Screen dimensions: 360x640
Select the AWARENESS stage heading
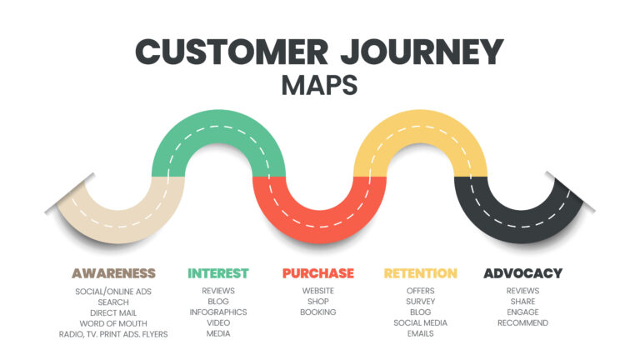(113, 273)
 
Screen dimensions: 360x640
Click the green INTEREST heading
(218, 273)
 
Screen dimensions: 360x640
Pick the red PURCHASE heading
(318, 273)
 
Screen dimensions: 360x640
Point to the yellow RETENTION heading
(420, 273)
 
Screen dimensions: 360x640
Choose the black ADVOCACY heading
(522, 273)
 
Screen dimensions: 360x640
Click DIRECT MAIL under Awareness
(113, 312)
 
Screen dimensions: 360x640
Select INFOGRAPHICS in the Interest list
(218, 312)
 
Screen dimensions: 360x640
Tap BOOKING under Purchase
(318, 312)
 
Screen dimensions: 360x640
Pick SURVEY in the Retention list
(420, 302)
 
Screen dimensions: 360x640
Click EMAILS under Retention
(420, 334)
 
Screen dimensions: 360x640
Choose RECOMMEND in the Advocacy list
(522, 323)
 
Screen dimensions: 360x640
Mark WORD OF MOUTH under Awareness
(113, 323)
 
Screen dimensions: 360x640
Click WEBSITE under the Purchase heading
(318, 291)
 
